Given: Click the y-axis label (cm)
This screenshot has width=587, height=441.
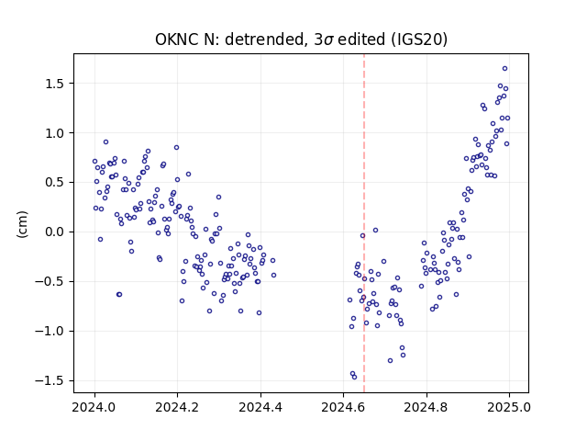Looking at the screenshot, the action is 22,224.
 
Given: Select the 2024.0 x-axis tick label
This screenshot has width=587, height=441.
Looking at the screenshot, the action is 94,407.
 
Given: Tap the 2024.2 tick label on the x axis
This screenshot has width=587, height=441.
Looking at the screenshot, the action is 177,407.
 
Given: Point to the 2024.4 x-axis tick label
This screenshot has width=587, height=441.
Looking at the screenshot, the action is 260,407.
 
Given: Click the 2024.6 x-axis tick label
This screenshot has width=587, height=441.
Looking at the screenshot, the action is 343,407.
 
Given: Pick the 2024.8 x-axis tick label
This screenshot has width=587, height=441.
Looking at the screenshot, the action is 426,407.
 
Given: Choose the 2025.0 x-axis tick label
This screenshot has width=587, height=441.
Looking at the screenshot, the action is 509,407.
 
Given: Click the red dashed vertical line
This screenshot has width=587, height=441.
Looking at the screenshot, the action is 364,223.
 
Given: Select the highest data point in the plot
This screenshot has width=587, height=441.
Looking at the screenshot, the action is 504,69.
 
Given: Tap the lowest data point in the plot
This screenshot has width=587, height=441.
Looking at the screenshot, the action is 355,378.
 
